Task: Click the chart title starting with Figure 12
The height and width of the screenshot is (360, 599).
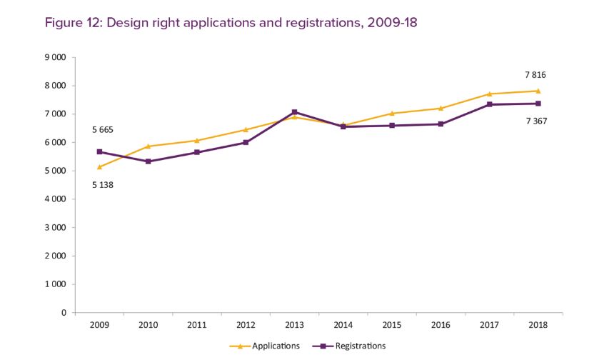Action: (x=231, y=23)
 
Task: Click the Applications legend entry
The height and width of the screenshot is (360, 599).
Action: (x=265, y=346)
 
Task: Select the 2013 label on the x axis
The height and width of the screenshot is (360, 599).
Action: (x=294, y=326)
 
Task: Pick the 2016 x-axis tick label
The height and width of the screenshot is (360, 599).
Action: (x=441, y=326)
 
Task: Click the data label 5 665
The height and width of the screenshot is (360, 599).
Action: (x=103, y=130)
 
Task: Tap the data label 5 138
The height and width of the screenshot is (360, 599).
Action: (x=103, y=185)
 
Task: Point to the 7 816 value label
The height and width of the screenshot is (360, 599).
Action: (x=535, y=74)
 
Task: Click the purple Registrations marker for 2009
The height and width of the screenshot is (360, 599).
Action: (x=99, y=151)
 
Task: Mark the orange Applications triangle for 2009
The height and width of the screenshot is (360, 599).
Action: (x=99, y=166)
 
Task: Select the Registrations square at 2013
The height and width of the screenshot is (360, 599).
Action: (x=294, y=112)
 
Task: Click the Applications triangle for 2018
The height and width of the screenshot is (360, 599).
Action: (x=538, y=91)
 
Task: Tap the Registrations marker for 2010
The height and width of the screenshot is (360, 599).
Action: (x=148, y=161)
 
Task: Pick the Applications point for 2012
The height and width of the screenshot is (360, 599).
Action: (x=246, y=129)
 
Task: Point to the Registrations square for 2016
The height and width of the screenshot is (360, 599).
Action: (x=441, y=124)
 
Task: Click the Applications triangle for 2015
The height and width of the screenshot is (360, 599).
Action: (x=391, y=113)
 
